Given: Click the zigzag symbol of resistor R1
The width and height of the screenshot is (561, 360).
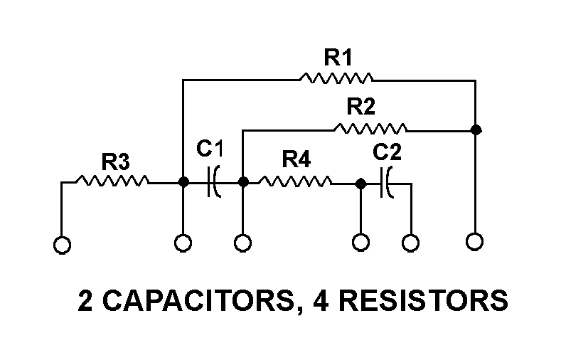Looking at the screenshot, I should tap(336, 77).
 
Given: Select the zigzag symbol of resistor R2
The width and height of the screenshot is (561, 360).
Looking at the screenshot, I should tap(370, 129).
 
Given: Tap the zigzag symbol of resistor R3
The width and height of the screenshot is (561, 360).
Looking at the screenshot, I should tap(112, 182).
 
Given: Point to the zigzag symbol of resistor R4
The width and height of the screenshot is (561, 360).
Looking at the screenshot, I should tap(295, 182).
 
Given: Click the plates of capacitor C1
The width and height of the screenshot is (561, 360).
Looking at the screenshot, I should tap(213, 182).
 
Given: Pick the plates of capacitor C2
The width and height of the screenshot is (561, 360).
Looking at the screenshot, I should tap(387, 183).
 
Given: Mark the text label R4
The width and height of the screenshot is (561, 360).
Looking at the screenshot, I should tap(295, 160).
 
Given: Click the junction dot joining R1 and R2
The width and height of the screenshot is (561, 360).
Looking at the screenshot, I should tap(476, 129).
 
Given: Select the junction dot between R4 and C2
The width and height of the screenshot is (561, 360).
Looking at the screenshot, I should tap(360, 183).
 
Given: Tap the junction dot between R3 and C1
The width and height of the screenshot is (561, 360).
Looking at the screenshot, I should tap(183, 182).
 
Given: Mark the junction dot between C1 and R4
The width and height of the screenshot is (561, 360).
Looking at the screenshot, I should tap(242, 182).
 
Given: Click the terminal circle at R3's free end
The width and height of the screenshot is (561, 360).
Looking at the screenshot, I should tap(62, 244).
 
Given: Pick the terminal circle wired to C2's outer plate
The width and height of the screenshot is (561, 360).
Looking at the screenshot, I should tap(410, 243).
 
